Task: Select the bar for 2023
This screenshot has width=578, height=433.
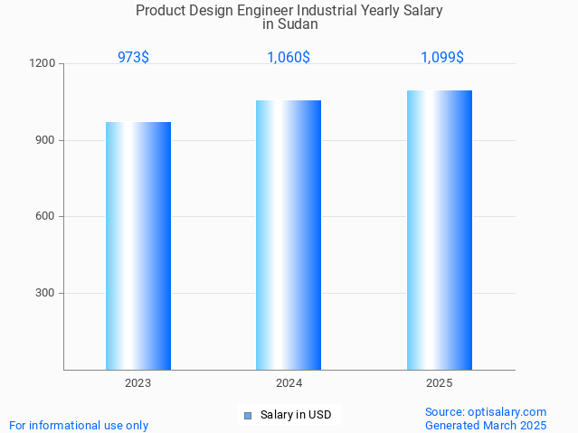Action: click(x=138, y=246)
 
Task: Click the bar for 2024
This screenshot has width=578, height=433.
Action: click(x=289, y=235)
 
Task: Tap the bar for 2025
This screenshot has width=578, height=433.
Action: click(x=440, y=230)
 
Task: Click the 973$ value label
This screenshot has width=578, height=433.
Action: click(x=133, y=57)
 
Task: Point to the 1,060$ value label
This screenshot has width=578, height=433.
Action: click(x=289, y=57)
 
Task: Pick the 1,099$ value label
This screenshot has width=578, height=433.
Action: click(x=442, y=57)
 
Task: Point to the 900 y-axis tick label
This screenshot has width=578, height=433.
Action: click(x=47, y=140)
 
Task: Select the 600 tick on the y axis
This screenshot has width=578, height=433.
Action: click(x=47, y=217)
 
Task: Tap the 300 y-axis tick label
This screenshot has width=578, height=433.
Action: click(x=47, y=293)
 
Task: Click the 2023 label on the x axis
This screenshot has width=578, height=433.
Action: click(x=138, y=383)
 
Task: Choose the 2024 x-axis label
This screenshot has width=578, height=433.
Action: click(x=289, y=383)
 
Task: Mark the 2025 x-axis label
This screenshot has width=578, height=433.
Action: click(x=440, y=383)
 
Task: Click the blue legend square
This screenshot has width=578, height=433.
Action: click(x=248, y=416)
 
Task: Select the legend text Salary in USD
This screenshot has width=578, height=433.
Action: click(x=296, y=416)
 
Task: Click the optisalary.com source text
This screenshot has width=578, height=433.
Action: click(x=486, y=411)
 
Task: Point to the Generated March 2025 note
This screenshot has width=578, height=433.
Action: click(x=486, y=425)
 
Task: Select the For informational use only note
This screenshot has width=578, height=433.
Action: click(x=79, y=425)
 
